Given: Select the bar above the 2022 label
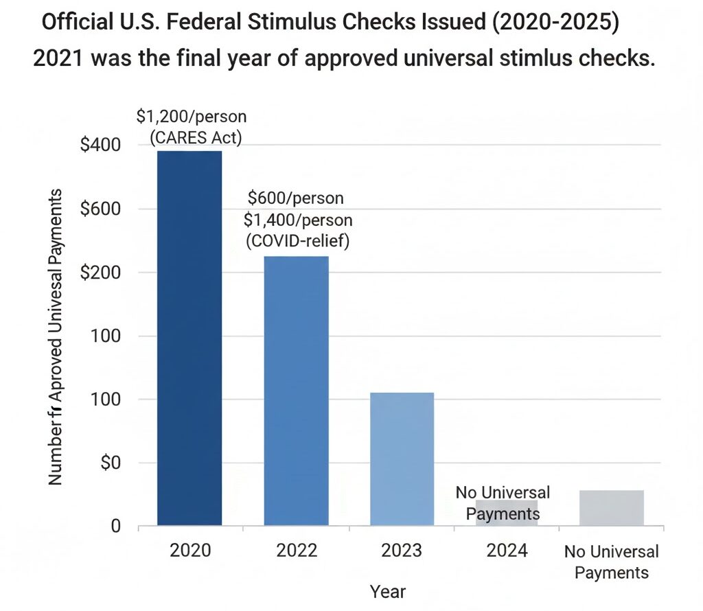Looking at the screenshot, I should tap(296, 391).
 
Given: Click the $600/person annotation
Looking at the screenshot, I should tap(296, 199).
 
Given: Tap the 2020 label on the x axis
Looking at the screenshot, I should tap(189, 551).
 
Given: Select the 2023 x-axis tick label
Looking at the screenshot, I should tap(402, 551).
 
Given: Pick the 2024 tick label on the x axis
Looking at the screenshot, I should tap(507, 551).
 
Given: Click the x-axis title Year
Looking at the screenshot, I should tap(388, 591).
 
